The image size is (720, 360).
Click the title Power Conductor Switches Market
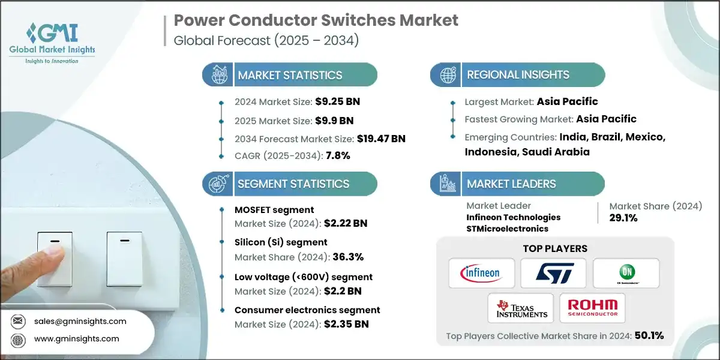click(316, 20)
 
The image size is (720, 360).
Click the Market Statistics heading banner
click(289, 75)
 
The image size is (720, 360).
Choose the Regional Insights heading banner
click(517, 75)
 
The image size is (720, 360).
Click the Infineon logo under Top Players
click(481, 274)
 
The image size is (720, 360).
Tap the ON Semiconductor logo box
click(626, 274)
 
